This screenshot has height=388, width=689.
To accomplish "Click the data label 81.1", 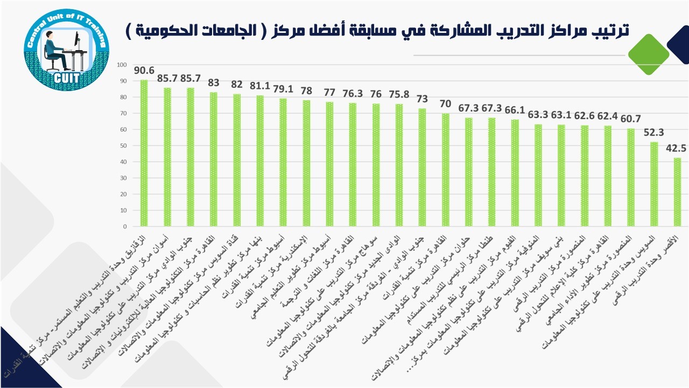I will pyautogui.click(x=260, y=85).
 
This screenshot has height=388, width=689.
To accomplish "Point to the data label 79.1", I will pyautogui.click(x=283, y=88).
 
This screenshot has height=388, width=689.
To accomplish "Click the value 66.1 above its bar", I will pyautogui.click(x=515, y=109).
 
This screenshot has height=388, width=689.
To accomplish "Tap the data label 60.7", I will pyautogui.click(x=631, y=118).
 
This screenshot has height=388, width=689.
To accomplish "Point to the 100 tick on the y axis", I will pyautogui.click(x=121, y=65).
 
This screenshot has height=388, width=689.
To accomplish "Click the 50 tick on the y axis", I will pyautogui.click(x=123, y=146).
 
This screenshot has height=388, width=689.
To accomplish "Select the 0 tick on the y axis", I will pyautogui.click(x=124, y=227).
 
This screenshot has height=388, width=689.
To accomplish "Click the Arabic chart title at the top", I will pyautogui.click(x=377, y=30).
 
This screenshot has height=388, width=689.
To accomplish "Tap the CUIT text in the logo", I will pyautogui.click(x=67, y=78).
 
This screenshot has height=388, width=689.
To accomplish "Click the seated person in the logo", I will pyautogui.click(x=56, y=51).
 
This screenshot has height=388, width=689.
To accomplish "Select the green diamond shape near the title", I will pyautogui.click(x=649, y=54).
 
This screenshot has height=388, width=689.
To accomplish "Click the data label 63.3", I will pyautogui.click(x=538, y=114).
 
